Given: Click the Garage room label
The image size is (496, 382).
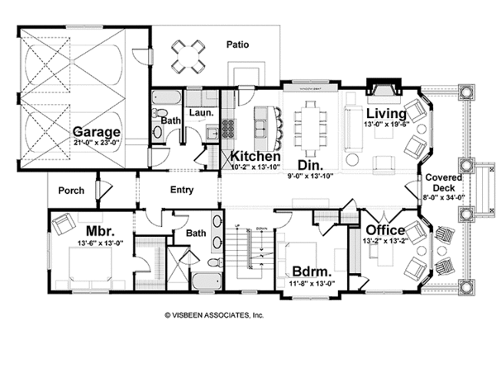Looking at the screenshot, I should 96,131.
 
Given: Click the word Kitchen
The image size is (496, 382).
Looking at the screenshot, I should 255,156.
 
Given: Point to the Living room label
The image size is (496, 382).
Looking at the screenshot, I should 386,113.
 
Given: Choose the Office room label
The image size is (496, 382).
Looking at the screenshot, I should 385,229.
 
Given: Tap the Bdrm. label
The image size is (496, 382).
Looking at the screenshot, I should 312,271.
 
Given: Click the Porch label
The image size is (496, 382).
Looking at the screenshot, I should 71,191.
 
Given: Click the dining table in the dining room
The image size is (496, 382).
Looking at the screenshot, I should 312,124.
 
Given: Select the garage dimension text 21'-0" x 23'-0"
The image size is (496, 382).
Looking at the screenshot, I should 96,143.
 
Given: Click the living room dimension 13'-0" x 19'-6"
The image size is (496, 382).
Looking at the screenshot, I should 386,125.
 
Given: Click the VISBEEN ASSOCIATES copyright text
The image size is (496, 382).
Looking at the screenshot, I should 213,314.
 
